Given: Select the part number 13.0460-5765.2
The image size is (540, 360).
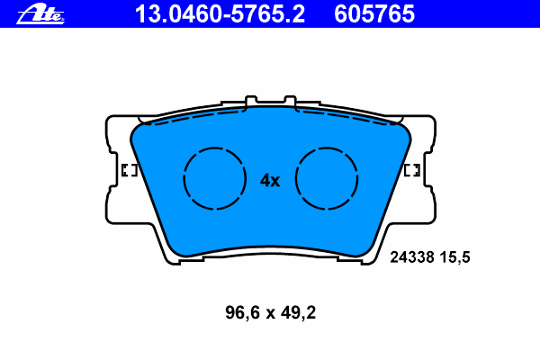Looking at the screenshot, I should (220, 13).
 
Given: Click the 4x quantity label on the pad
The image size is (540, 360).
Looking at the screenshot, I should (270, 180).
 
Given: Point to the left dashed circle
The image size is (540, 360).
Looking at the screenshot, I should (214, 178).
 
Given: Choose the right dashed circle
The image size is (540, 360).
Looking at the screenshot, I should (328, 178).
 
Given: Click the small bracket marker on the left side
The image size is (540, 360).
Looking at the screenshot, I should (128, 170).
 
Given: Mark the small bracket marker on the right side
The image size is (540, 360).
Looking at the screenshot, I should (414, 170).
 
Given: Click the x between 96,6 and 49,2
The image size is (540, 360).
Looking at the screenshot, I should (269, 315).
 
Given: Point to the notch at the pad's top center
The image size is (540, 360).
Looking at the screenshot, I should (271, 100).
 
